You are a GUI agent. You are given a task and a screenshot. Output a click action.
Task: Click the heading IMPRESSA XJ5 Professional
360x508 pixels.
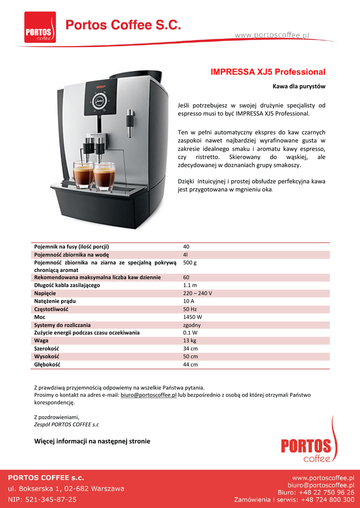[x=268, y=72]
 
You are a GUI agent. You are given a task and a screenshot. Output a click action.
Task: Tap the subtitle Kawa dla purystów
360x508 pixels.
[x=299, y=87]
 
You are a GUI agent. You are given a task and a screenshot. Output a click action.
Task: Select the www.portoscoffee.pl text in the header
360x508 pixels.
[x=272, y=35]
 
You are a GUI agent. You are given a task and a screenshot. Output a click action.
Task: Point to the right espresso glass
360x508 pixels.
[x=104, y=176]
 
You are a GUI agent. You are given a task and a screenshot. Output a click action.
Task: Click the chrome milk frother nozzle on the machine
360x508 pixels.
[x=130, y=122]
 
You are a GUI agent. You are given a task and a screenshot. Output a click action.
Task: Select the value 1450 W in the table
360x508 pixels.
[x=193, y=317]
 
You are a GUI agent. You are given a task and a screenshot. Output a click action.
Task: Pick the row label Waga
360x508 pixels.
[x=41, y=341]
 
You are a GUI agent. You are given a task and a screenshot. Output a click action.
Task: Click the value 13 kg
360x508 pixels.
[x=190, y=341]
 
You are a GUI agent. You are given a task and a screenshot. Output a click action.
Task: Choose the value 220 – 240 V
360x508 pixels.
[x=198, y=293]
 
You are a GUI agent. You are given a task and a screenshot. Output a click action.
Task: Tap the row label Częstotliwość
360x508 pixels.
[x=51, y=309]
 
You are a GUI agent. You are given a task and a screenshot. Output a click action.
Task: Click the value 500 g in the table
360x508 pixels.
[x=190, y=262]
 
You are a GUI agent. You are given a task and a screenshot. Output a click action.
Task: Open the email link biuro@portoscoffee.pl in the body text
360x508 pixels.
[x=148, y=395]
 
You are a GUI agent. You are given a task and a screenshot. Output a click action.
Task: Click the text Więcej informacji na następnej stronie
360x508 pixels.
[x=92, y=441]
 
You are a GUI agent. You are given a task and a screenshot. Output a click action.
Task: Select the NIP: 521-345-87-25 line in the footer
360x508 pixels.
[x=42, y=499]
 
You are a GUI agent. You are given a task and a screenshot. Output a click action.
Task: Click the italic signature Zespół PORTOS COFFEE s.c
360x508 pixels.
[x=66, y=424]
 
